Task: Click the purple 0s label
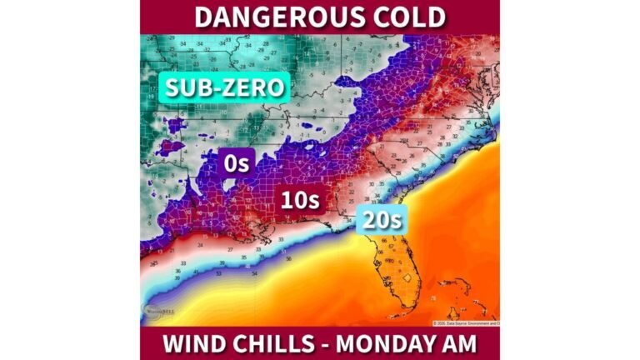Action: click(236, 163)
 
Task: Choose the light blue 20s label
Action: click(380, 221)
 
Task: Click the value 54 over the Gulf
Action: click(255, 272)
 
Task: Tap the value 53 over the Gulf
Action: click(219, 273)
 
